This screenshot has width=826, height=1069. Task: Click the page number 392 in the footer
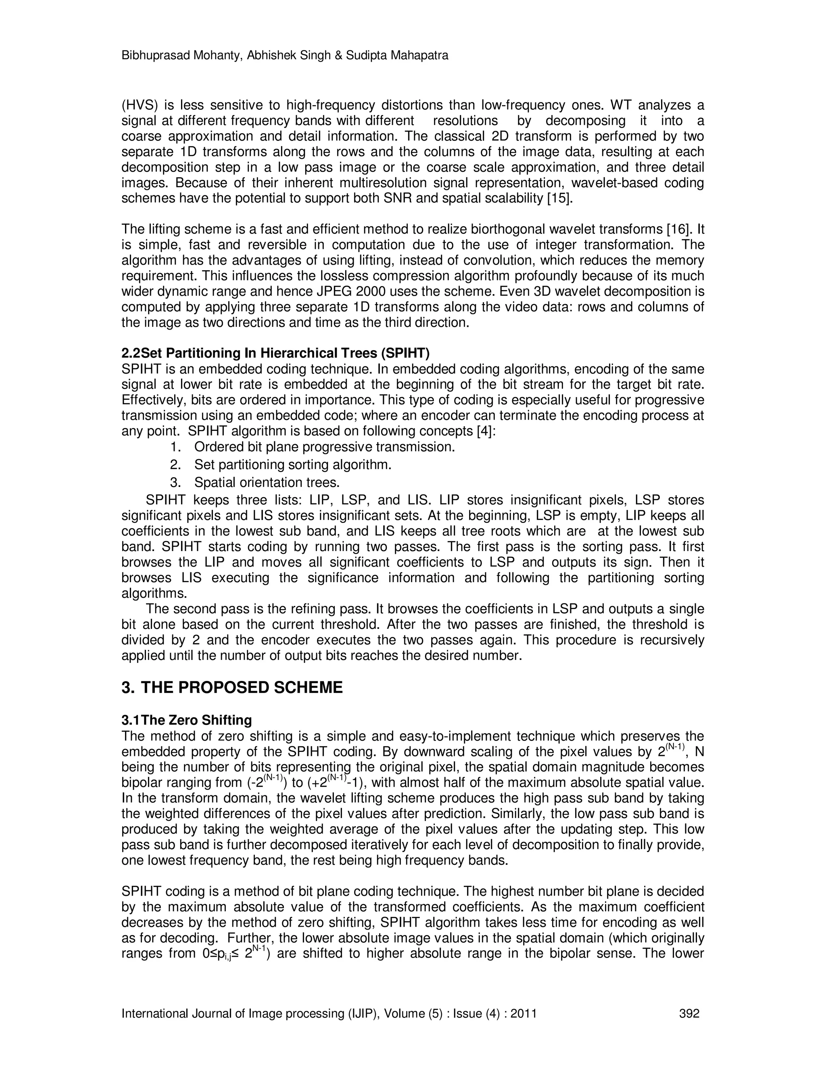[x=689, y=1014]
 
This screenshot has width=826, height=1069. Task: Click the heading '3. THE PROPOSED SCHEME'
[x=232, y=688]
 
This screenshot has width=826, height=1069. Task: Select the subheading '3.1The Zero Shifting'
[x=186, y=720]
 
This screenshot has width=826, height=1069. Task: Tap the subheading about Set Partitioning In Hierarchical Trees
[x=275, y=353]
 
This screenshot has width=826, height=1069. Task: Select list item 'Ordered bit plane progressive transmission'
[x=324, y=447]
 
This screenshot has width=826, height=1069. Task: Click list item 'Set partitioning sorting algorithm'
[x=293, y=464]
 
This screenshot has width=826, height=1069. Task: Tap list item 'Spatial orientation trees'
[x=267, y=482]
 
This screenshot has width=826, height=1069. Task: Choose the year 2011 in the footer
[x=523, y=1014]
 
